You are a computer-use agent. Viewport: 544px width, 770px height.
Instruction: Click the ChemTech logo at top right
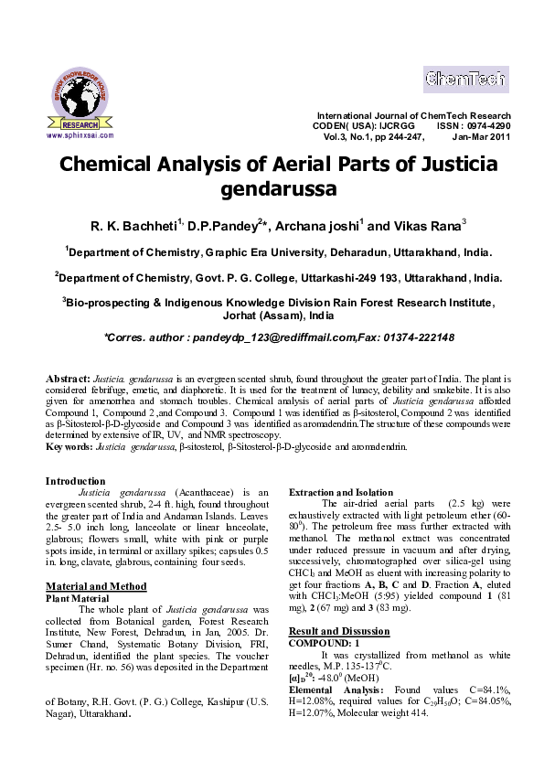[464, 80]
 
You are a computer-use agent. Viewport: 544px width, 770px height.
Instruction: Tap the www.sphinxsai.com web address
[80, 134]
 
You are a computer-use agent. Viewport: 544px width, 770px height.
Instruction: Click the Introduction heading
[76, 481]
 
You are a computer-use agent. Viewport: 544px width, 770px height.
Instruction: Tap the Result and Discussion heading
[339, 631]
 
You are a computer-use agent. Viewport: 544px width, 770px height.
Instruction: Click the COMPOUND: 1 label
[325, 643]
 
